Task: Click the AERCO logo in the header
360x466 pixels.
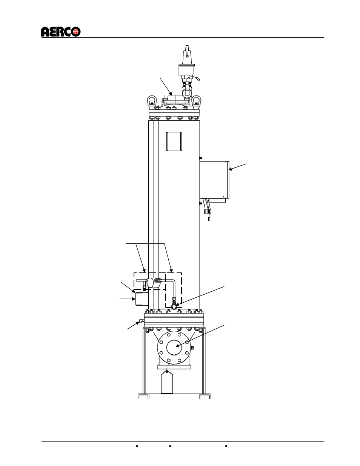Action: coord(60,32)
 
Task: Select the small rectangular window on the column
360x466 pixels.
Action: coord(174,141)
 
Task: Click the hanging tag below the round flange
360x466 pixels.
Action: coord(167,382)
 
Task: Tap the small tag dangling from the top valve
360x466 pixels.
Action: coord(198,79)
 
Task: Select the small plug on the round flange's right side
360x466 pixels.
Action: coord(192,347)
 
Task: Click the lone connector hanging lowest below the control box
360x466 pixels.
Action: coord(209,219)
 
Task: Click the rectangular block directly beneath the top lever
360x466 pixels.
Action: coord(186,71)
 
